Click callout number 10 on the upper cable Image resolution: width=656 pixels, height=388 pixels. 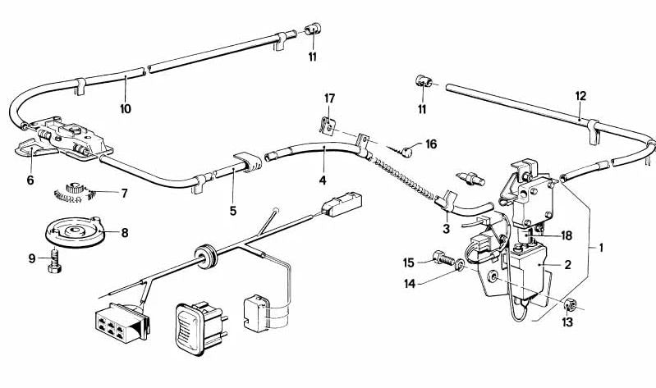click(x=125, y=107)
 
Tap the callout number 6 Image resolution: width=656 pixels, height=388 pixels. click(x=30, y=180)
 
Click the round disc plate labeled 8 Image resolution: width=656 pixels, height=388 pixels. click(x=78, y=232)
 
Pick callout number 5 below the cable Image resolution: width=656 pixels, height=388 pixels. click(x=233, y=211)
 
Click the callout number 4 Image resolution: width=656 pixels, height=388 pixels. click(x=323, y=180)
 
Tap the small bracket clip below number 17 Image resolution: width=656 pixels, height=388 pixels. click(x=326, y=127)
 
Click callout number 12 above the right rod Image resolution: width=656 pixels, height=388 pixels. click(x=580, y=96)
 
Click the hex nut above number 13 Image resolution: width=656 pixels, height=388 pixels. click(x=571, y=306)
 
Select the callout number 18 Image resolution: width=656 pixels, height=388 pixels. click(x=566, y=235)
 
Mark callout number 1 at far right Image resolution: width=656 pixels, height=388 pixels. click(x=603, y=246)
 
